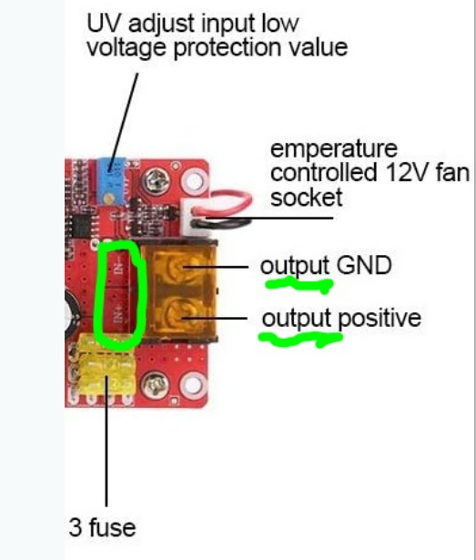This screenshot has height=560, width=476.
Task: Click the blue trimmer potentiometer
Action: point(112,181)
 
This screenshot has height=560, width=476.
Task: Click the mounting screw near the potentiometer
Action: point(156,180)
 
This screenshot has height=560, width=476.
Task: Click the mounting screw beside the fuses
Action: point(155,385)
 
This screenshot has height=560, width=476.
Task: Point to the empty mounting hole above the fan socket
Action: point(193,179)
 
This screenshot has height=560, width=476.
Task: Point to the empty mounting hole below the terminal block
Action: point(193,385)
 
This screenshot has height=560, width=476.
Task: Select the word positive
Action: point(380,319)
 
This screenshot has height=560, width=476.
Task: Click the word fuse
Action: point(112,527)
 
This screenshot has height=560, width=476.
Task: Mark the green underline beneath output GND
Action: point(299,285)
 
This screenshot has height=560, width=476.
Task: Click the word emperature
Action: point(334,150)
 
